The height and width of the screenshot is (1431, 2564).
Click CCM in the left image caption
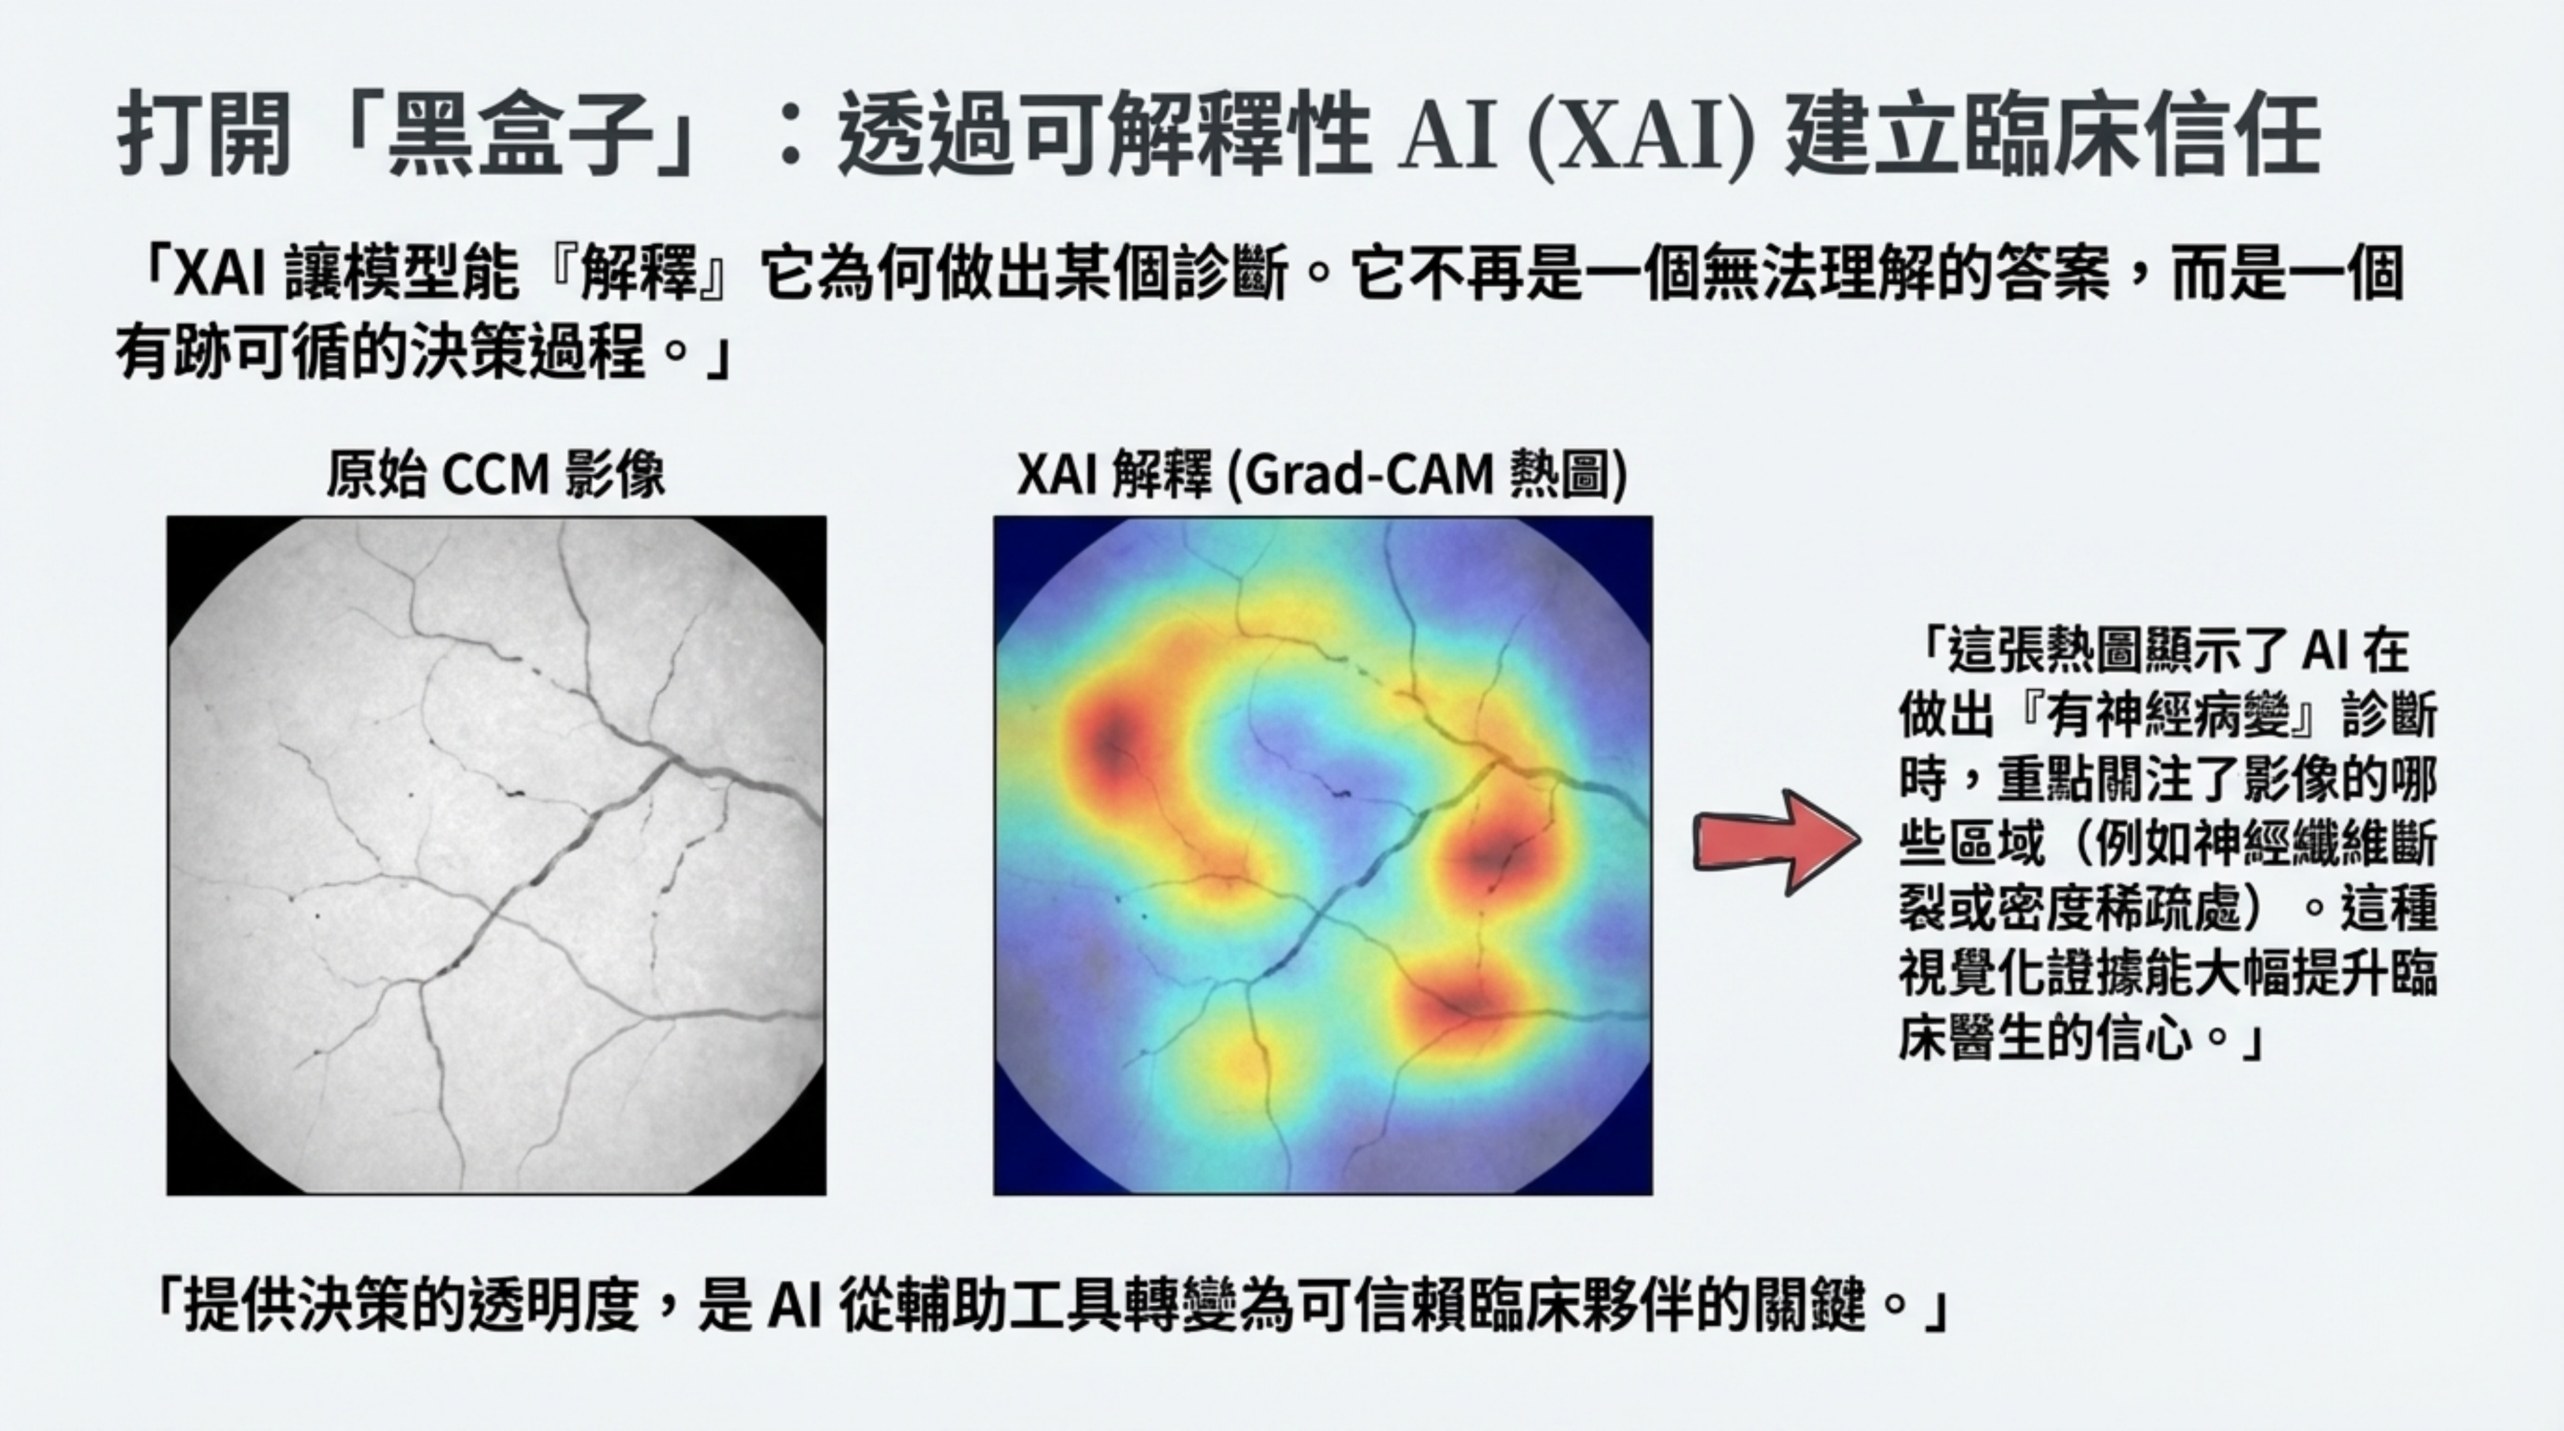pyautogui.click(x=495, y=475)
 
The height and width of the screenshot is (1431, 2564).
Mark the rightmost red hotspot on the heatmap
pyautogui.click(x=1498, y=854)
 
